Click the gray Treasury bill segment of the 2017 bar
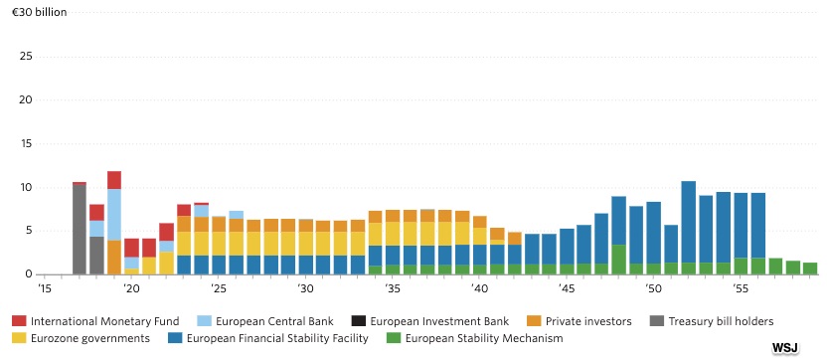[x=80, y=230]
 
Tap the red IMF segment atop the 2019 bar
[x=114, y=180]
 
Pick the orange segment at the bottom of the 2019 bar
[x=114, y=258]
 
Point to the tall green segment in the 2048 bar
[x=618, y=260]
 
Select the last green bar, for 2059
[x=810, y=269]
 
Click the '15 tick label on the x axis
[x=45, y=288]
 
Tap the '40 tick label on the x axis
[x=479, y=288]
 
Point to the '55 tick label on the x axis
[x=741, y=288]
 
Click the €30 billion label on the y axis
[x=40, y=12]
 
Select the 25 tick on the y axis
[x=27, y=56]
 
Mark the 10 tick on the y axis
[x=27, y=188]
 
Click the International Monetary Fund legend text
[x=105, y=321]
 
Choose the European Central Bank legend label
[x=274, y=321]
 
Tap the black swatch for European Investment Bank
[x=358, y=321]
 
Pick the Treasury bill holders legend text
[x=721, y=321]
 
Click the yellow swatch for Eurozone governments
[x=19, y=338]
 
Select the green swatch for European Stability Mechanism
[x=394, y=338]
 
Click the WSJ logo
[x=785, y=348]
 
